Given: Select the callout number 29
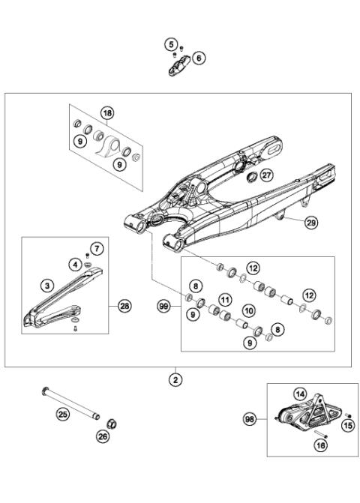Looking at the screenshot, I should point(311,221).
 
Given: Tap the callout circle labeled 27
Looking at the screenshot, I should point(267,175).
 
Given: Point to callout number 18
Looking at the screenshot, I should point(107,113).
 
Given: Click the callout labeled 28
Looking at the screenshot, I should point(124,306).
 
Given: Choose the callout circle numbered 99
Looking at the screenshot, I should point(163,306).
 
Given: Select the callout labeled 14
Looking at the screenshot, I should point(299,394).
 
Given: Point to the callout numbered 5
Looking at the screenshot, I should point(171,44).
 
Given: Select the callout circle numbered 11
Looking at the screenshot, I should point(223,300).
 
